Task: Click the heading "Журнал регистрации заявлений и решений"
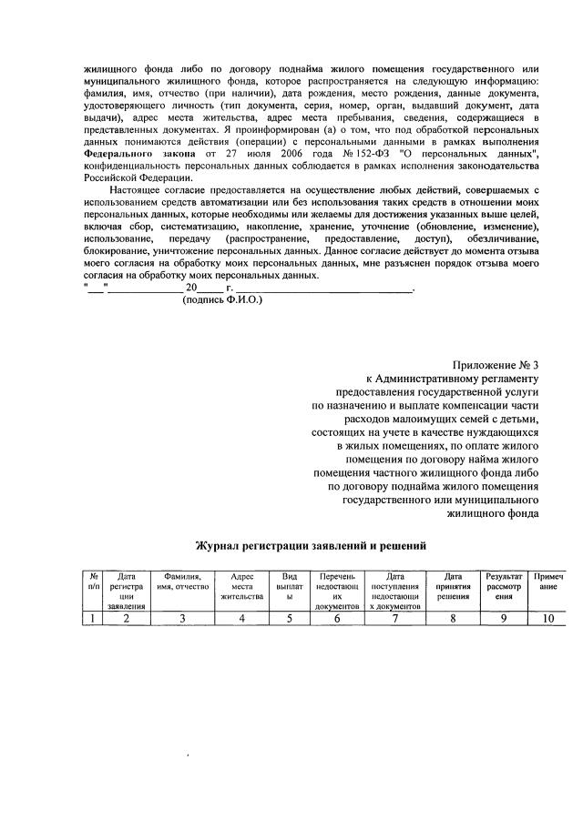click(x=312, y=546)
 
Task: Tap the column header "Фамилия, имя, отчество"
click(x=183, y=582)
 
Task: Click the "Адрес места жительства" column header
click(x=241, y=587)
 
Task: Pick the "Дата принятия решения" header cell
click(x=453, y=587)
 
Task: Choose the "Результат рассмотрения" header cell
click(x=504, y=587)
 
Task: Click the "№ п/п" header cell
click(x=94, y=582)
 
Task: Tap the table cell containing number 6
click(x=336, y=619)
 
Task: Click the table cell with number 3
click(x=183, y=619)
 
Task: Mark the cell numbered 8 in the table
click(x=453, y=619)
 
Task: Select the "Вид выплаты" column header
click(x=290, y=587)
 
